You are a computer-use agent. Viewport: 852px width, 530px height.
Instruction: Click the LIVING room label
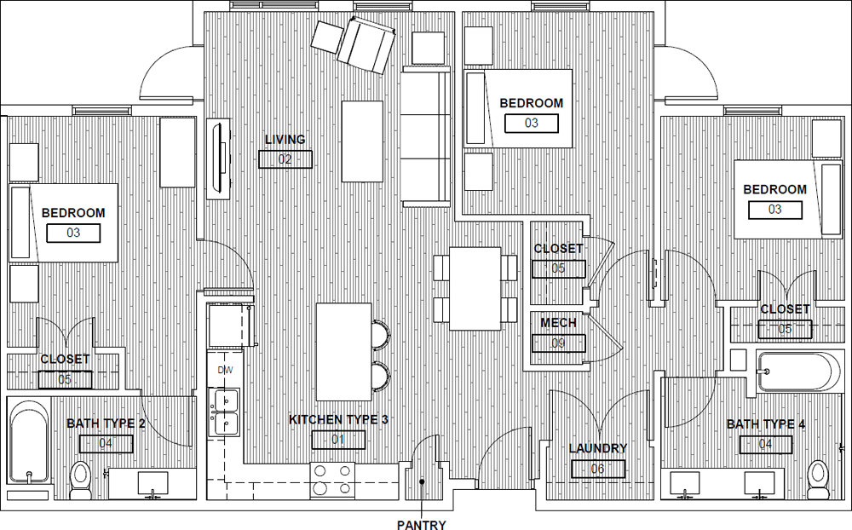pos(285,140)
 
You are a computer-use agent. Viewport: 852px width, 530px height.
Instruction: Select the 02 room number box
pos(285,159)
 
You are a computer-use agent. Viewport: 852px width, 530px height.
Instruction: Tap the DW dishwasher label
pos(225,370)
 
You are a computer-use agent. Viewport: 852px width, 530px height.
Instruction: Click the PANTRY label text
pos(421,525)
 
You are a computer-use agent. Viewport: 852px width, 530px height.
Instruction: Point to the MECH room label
pos(558,323)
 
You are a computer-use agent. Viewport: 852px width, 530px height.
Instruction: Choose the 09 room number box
pos(559,343)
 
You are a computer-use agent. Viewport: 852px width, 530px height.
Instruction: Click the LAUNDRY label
pos(598,448)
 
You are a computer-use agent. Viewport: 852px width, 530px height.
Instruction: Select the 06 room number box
pos(598,469)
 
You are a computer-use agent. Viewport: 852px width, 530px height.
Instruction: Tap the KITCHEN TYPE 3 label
pos(338,419)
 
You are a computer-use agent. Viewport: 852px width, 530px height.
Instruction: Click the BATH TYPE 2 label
pos(106,423)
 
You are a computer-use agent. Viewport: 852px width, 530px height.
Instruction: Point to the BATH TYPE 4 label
pos(766,424)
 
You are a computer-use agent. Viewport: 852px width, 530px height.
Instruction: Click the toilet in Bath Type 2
pos(81,481)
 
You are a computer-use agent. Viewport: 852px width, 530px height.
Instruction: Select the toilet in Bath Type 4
pos(817,480)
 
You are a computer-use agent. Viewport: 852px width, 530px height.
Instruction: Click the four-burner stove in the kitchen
pos(332,481)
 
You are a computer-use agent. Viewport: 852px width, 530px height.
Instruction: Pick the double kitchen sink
pos(226,412)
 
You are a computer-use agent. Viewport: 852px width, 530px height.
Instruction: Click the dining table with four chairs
pos(475,289)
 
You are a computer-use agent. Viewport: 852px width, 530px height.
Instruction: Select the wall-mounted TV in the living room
pos(219,158)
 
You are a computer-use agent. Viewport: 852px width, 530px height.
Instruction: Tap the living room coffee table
pos(362,141)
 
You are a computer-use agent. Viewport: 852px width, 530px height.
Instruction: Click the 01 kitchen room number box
pos(338,440)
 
